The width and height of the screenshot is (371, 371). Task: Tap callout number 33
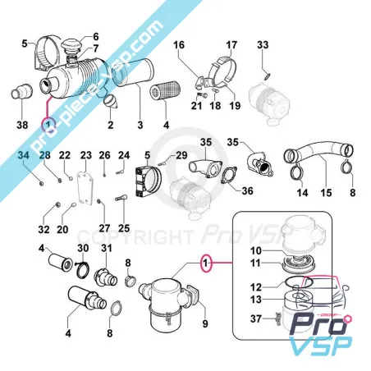(263, 43)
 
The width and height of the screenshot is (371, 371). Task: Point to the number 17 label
(231, 43)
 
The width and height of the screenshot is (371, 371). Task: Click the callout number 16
(180, 43)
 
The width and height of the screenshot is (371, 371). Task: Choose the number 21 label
(198, 106)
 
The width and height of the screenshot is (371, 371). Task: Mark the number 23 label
(85, 155)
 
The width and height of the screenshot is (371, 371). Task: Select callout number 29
(181, 155)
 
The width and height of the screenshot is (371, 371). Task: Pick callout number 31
(106, 249)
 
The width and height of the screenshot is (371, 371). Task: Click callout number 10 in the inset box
(255, 250)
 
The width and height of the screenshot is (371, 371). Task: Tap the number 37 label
(255, 318)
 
